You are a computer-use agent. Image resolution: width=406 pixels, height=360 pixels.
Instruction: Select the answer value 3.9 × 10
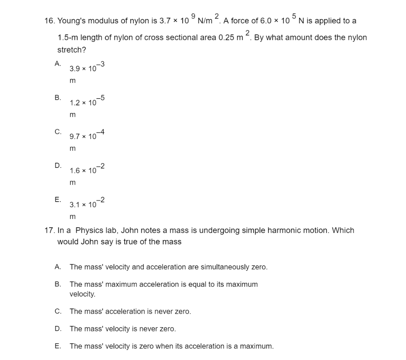[83, 69]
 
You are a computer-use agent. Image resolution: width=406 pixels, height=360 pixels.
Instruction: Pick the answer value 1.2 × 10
[83, 103]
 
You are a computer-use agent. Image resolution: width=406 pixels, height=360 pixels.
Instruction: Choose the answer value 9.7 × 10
[83, 137]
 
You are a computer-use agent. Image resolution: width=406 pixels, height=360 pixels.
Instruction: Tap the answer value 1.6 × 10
[83, 171]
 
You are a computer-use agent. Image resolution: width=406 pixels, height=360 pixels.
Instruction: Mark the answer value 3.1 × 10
[83, 205]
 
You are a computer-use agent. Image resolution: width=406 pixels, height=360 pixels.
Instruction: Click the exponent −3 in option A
[100, 65]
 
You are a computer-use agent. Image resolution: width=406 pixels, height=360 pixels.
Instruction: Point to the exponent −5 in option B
[100, 99]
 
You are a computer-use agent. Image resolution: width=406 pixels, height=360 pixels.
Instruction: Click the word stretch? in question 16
[72, 50]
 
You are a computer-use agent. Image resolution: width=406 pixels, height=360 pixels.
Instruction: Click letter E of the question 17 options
[57, 346]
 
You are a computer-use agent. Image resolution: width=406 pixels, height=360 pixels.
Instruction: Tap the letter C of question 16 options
[58, 131]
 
